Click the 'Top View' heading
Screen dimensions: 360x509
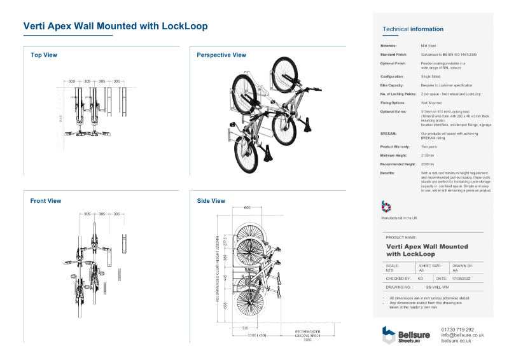point(44,55)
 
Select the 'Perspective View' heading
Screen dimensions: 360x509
point(221,55)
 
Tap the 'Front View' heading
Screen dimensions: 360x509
point(46,201)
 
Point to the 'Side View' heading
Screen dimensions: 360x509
point(211,201)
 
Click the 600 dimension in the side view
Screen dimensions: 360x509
point(247,207)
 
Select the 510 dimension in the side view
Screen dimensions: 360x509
point(245,328)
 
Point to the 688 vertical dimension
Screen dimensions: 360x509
point(225,307)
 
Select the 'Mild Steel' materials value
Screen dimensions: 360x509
point(428,46)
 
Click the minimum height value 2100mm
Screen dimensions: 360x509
point(428,155)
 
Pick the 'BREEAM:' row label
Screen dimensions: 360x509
point(389,134)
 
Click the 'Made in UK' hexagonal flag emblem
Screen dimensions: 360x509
point(386,207)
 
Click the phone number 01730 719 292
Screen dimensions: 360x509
point(457,329)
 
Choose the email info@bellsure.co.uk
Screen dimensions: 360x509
point(463,335)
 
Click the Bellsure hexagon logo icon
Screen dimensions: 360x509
point(389,335)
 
